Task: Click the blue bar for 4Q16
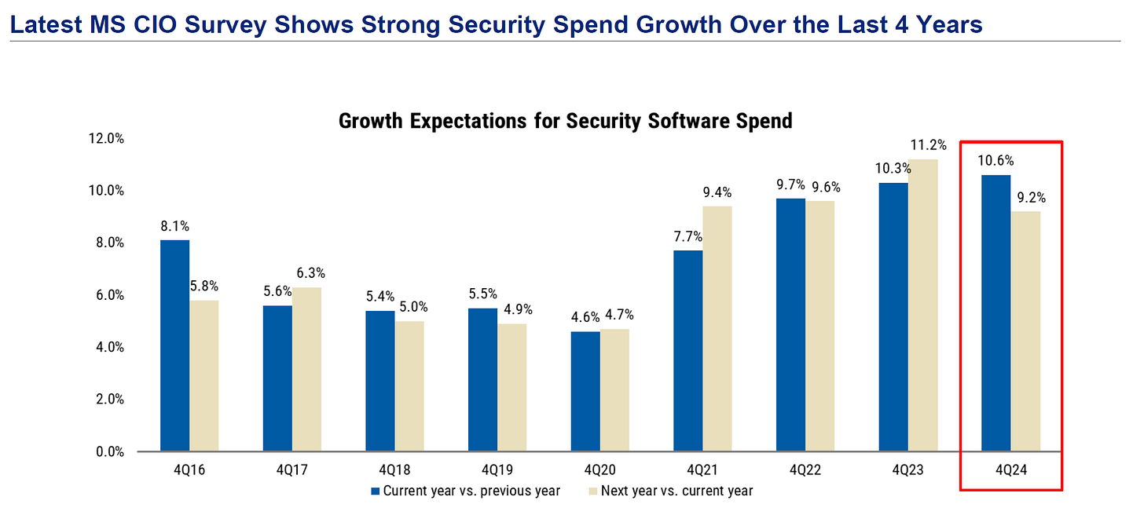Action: pyautogui.click(x=174, y=345)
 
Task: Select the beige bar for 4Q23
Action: pyautogui.click(x=923, y=305)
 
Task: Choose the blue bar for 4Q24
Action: pyautogui.click(x=996, y=313)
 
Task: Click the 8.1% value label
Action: pyautogui.click(x=174, y=226)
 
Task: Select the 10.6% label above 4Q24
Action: pyautogui.click(x=996, y=161)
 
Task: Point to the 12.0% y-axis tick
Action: pyautogui.click(x=107, y=139)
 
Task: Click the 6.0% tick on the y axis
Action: pyautogui.click(x=110, y=295)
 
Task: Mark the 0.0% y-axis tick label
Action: pyautogui.click(x=110, y=451)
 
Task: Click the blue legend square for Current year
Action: pyautogui.click(x=376, y=491)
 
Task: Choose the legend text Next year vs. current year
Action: pyautogui.click(x=676, y=491)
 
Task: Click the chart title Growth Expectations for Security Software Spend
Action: pyautogui.click(x=564, y=121)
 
